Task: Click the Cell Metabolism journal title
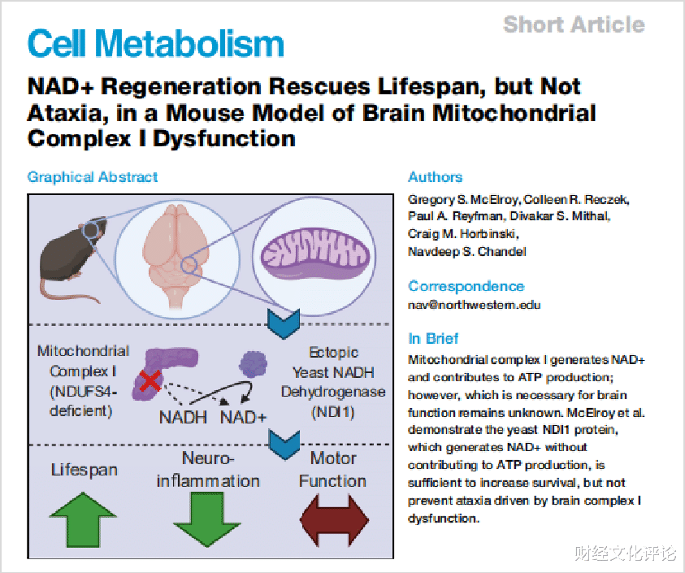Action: tap(156, 43)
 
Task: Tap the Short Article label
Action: tap(574, 24)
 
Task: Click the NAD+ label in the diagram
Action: tap(244, 418)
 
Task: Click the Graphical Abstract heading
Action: tap(93, 176)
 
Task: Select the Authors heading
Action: tap(436, 176)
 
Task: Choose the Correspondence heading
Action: tap(466, 286)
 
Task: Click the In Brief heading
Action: tap(433, 339)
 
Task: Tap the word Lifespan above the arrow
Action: tap(84, 470)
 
